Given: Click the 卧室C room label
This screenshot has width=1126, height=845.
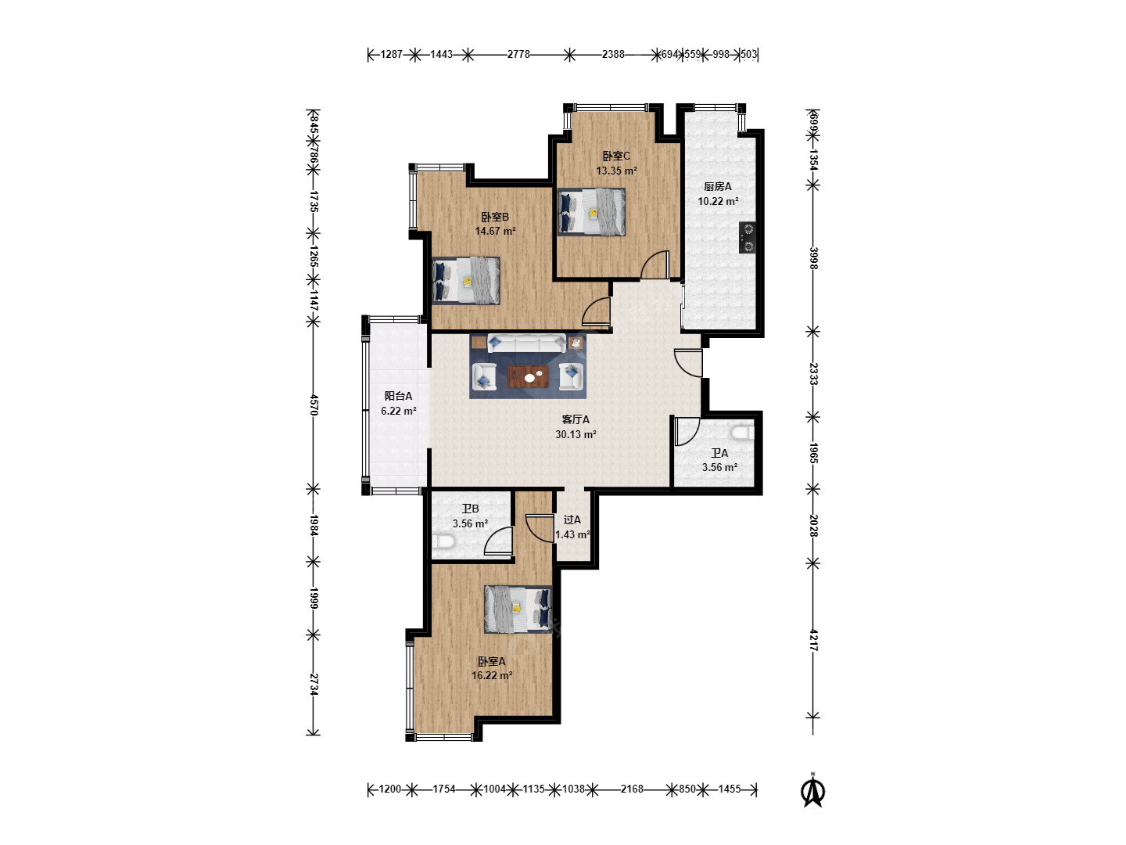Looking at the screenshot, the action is (616, 156).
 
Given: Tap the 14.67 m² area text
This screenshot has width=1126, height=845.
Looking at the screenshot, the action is (495, 232).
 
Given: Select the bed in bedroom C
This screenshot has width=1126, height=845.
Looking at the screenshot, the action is (591, 212).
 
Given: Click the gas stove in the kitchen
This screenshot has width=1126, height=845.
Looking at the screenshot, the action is (748, 237).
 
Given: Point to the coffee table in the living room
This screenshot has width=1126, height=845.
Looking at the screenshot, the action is (528, 376).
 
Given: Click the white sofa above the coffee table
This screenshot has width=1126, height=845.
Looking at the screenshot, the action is (526, 343).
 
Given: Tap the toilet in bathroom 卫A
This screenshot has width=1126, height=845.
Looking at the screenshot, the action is (744, 433).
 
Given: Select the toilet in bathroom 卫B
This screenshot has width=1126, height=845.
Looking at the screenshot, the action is (443, 541).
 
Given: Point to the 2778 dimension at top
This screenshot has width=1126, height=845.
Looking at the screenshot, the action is (518, 55).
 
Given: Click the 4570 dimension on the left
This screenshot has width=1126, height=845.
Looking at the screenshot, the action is (314, 405).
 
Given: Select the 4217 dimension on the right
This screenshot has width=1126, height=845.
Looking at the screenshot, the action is (813, 640).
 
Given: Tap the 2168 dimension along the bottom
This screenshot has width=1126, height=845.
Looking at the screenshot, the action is (632, 789).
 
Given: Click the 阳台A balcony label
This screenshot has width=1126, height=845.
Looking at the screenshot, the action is (398, 396).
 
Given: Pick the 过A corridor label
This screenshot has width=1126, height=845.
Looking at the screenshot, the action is (572, 520).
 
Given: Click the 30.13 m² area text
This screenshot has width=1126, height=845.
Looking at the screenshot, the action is (576, 434).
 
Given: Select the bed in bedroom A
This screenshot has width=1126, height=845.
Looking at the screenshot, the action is (518, 609).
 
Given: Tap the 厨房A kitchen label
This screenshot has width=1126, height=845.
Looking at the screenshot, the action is (718, 187).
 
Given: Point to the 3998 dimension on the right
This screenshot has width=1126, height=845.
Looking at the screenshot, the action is (813, 258).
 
